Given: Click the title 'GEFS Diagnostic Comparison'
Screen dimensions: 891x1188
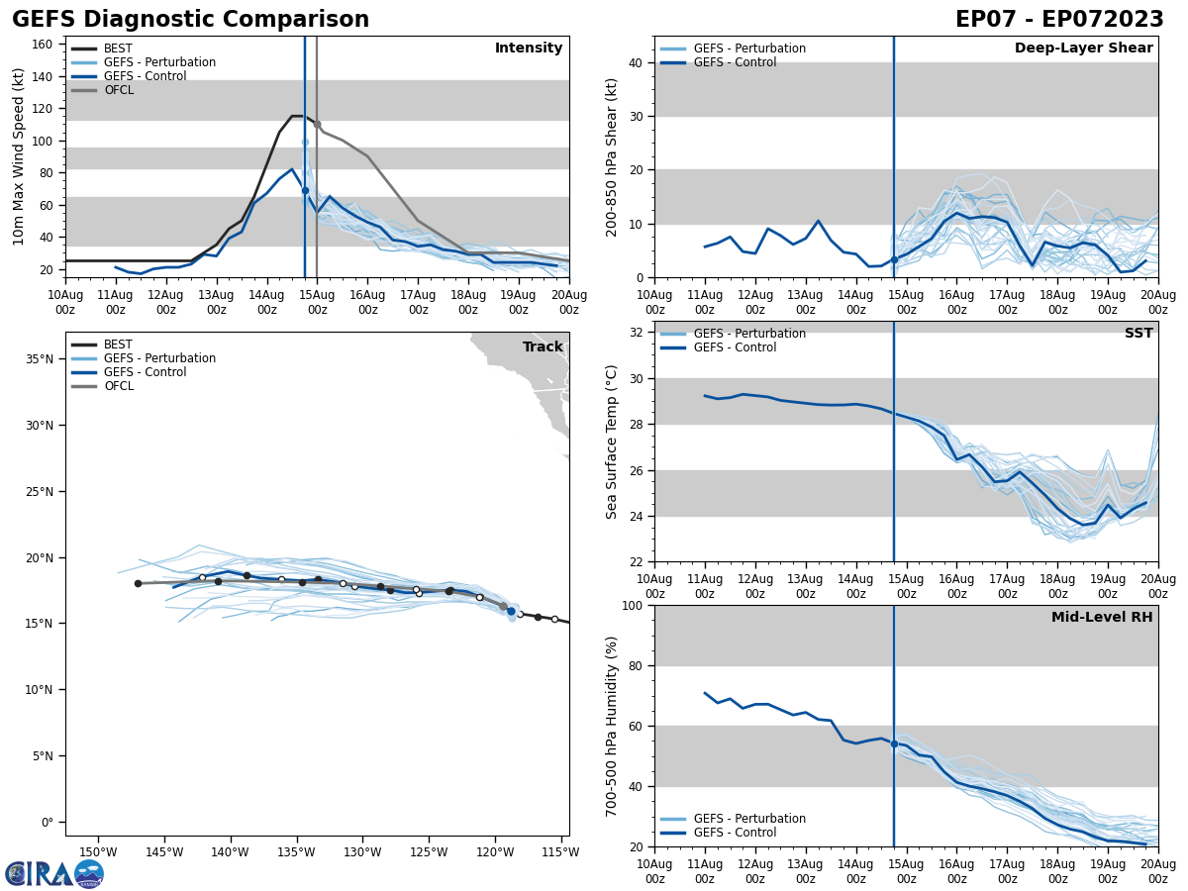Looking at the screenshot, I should click(x=190, y=20).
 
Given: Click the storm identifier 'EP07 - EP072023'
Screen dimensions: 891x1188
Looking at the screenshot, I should click(x=1059, y=20).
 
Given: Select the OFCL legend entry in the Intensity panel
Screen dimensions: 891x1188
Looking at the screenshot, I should click(x=118, y=90).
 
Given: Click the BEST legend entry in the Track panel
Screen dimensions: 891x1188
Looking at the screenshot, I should click(x=118, y=345).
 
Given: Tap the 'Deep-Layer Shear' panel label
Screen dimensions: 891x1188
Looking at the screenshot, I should click(x=1083, y=49).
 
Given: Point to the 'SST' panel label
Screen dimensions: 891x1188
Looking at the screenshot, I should click(x=1138, y=334).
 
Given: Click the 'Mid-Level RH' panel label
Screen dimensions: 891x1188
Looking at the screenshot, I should click(x=1102, y=618).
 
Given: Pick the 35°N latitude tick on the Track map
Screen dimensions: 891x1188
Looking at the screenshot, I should click(x=40, y=358).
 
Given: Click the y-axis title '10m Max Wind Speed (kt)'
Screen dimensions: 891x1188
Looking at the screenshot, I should click(x=19, y=156).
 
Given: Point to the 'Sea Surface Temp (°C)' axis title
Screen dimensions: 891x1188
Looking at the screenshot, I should click(x=612, y=442).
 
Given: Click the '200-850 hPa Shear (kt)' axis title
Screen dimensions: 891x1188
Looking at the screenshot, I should click(x=612, y=156).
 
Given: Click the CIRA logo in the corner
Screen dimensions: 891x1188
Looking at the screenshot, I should click(x=53, y=873).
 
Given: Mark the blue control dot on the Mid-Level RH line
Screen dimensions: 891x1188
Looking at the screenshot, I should click(x=894, y=743).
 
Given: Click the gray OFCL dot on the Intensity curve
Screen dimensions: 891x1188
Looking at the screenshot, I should click(x=317, y=124).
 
